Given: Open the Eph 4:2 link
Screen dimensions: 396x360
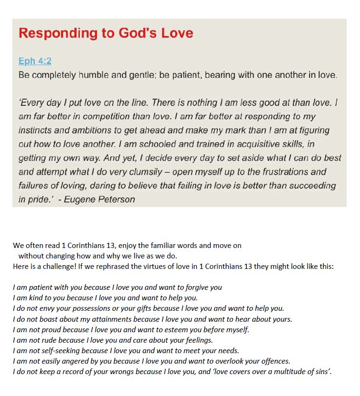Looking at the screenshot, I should coord(35,61).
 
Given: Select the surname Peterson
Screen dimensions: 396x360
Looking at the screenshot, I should coord(117,199).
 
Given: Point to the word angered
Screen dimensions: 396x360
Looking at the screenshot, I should coord(70,361).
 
